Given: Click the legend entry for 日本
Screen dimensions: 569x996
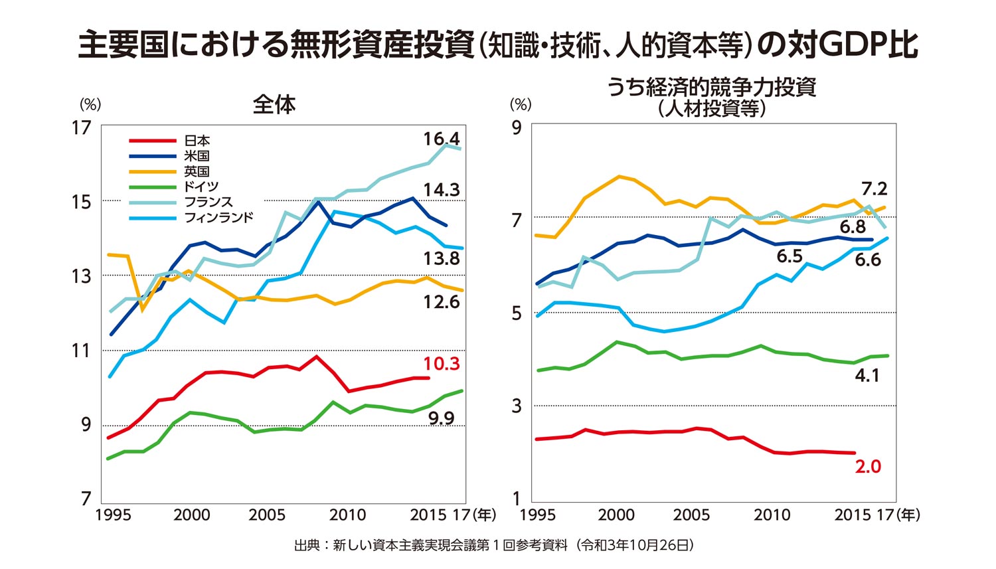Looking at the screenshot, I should tap(197, 141).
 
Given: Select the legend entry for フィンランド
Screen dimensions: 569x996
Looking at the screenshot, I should tap(218, 217).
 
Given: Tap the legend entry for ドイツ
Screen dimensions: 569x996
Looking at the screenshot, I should tap(201, 187).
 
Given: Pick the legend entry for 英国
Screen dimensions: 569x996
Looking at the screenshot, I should tap(197, 171).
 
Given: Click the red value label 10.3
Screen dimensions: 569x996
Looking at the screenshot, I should tap(442, 364).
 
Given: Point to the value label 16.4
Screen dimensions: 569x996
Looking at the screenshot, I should tap(442, 139).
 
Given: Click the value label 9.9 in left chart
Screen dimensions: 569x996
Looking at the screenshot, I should tap(441, 418).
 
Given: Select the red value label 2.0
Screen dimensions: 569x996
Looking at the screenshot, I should tap(868, 467).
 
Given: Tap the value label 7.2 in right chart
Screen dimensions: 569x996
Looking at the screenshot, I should tap(874, 189).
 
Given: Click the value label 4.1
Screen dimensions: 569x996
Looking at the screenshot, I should tap(867, 376).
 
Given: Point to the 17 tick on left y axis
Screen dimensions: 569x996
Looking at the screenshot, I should tap(82, 127).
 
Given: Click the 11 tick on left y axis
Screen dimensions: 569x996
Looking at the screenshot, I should tap(82, 350).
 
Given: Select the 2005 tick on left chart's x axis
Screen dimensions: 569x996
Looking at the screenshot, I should tap(267, 515).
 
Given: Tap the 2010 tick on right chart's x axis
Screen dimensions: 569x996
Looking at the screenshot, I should tap(772, 515).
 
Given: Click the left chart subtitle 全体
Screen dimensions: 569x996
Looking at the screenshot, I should tap(274, 104).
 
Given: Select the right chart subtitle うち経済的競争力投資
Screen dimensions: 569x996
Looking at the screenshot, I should tap(711, 88).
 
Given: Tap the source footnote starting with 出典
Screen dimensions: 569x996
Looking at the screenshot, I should tap(495, 546).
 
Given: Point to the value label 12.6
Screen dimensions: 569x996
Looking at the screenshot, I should tap(442, 302).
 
